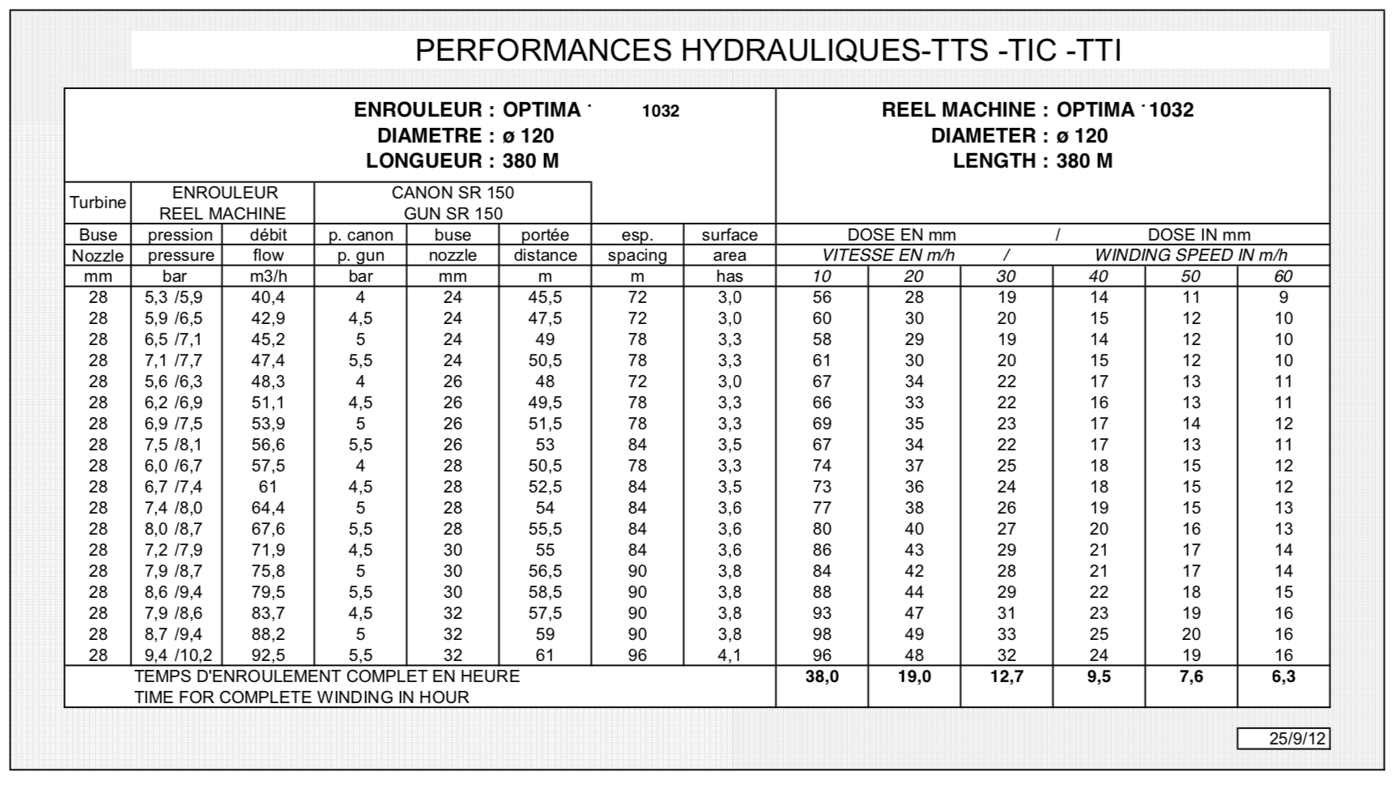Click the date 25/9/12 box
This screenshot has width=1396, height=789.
pyautogui.click(x=1283, y=738)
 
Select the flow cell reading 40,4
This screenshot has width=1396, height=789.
pyautogui.click(x=268, y=297)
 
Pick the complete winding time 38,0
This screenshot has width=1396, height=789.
pyautogui.click(x=822, y=676)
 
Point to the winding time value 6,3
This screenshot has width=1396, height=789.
pyautogui.click(x=1283, y=676)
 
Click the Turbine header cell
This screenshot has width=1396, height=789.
pyautogui.click(x=98, y=203)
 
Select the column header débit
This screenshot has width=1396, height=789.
pyautogui.click(x=268, y=235)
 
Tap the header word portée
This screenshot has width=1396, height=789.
pyautogui.click(x=545, y=235)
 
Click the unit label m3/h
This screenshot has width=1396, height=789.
pyautogui.click(x=268, y=276)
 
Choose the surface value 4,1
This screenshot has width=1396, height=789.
pyautogui.click(x=730, y=655)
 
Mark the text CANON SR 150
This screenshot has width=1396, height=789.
pyautogui.click(x=453, y=193)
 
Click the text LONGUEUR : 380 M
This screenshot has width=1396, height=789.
pyautogui.click(x=462, y=160)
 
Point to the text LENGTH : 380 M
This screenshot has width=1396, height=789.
pyautogui.click(x=1032, y=160)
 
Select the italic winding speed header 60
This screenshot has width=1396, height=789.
pyautogui.click(x=1283, y=276)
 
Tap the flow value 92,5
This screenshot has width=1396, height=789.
pyautogui.click(x=268, y=655)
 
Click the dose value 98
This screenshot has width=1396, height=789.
pyautogui.click(x=822, y=634)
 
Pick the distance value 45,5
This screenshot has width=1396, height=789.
pyautogui.click(x=545, y=297)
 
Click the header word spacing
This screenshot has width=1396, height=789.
pyautogui.click(x=637, y=255)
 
